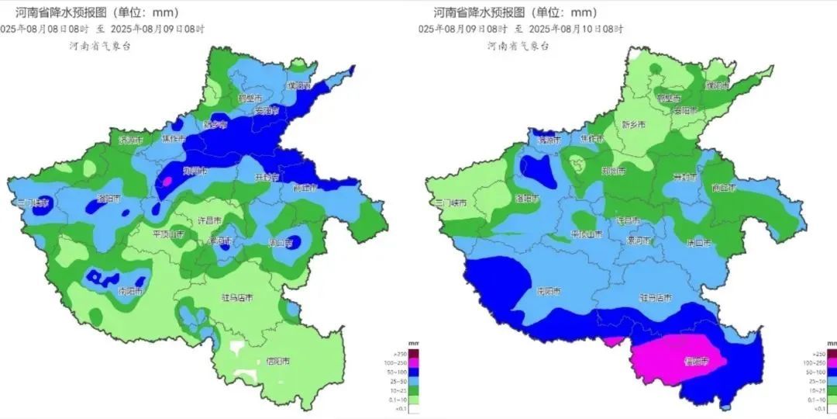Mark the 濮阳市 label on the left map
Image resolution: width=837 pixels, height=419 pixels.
pyautogui.click(x=298, y=85)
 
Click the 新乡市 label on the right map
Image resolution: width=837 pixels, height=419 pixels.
pyautogui.click(x=634, y=124)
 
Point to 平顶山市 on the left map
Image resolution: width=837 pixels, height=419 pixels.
pyautogui.click(x=168, y=234)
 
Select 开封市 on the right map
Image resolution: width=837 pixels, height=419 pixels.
pyautogui.click(x=684, y=177)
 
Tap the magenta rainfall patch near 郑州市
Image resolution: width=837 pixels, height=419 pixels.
pyautogui.click(x=165, y=182)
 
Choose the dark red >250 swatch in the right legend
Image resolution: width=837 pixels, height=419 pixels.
pyautogui.click(x=832, y=354)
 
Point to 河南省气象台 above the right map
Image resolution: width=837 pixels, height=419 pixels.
pyautogui.click(x=518, y=46)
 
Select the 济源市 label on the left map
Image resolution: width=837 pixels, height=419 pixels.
pyautogui.click(x=130, y=140)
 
